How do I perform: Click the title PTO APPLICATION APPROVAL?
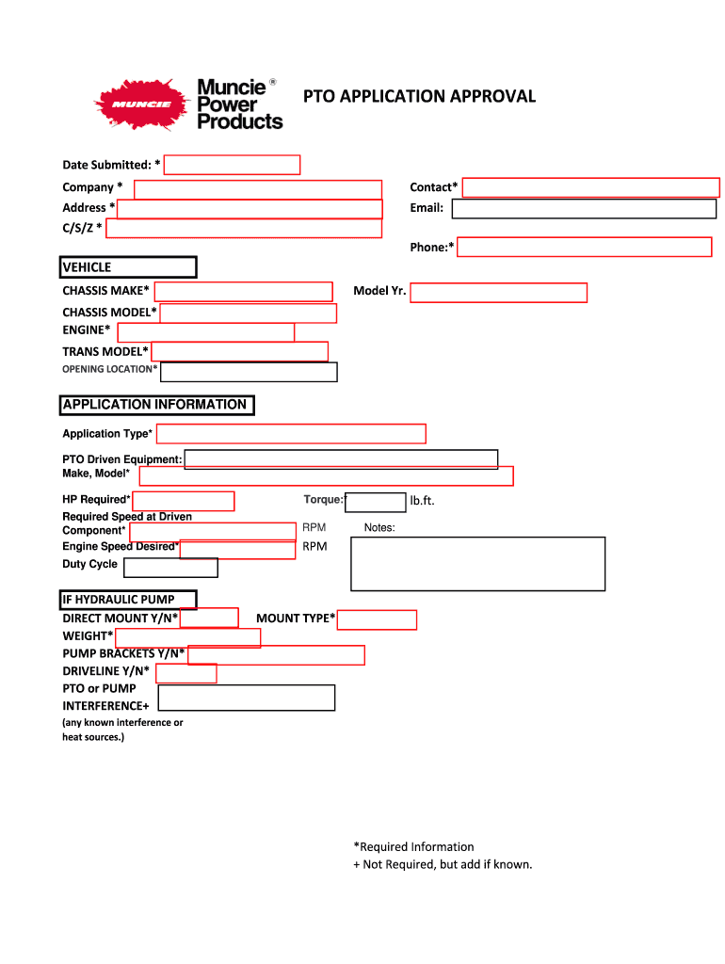(418, 96)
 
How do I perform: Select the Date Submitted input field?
(232, 165)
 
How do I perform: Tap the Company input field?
(257, 189)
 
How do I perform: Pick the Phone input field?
(584, 247)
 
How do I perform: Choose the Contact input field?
(591, 187)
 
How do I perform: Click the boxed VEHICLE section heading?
(128, 267)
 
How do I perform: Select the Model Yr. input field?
(498, 292)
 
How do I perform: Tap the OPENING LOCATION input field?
(249, 372)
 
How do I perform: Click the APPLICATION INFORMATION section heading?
(156, 405)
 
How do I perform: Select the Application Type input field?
(291, 433)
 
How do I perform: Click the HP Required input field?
(183, 501)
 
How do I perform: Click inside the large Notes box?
(477, 563)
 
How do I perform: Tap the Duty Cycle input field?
(170, 568)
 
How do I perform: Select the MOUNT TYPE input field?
(377, 619)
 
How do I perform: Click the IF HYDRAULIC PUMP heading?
(129, 599)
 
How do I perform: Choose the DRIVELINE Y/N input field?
(185, 673)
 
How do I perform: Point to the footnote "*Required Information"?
(413, 846)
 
